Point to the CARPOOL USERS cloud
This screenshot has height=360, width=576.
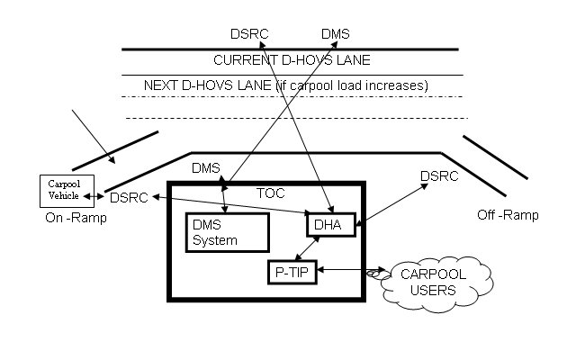[x=436, y=283]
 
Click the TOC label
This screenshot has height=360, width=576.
[x=270, y=193]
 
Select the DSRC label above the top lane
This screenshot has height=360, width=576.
[x=249, y=34]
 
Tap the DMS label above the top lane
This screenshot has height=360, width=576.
[x=336, y=34]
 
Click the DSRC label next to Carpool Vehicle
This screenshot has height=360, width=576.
[x=129, y=198]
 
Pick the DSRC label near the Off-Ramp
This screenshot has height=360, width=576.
[x=439, y=176]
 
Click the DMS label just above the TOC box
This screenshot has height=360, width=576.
[x=206, y=168]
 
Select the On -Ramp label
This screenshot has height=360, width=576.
[x=76, y=218]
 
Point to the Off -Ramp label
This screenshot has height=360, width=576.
[x=508, y=215]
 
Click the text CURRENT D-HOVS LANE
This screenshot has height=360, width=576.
[x=292, y=60]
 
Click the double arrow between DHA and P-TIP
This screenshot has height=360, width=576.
[x=307, y=248]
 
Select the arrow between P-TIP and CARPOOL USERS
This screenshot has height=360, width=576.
[x=351, y=270]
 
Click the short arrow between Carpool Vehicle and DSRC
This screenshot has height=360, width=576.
[x=94, y=196]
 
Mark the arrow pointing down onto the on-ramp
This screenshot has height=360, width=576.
[x=94, y=136]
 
